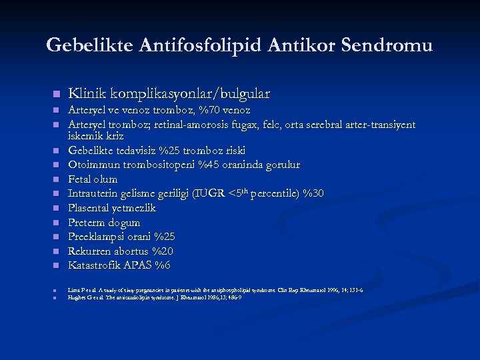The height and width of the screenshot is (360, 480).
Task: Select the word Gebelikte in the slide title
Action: (90, 45)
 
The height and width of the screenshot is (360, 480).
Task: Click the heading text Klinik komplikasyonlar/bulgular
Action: (169, 93)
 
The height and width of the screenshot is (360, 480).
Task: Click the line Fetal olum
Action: (93, 179)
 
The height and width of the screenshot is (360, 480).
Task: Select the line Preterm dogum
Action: (104, 223)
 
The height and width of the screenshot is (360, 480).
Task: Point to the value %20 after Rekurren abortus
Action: (162, 251)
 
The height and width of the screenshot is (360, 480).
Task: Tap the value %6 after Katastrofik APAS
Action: (162, 265)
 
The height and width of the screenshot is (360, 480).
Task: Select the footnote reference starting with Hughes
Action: (154, 297)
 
